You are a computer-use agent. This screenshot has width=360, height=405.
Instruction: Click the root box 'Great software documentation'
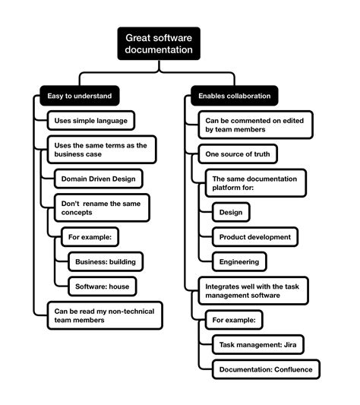click(159, 43)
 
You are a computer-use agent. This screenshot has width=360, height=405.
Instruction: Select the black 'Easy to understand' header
click(81, 97)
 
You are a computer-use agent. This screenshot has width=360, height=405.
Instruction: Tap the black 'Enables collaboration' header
click(234, 97)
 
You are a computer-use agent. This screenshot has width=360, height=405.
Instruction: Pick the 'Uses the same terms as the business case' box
click(101, 149)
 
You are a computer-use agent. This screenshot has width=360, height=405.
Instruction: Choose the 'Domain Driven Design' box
click(99, 179)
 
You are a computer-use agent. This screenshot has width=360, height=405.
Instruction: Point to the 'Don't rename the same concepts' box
click(102, 207)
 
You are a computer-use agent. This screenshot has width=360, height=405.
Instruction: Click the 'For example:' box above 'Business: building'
click(90, 237)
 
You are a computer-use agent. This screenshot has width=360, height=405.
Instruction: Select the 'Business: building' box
click(105, 261)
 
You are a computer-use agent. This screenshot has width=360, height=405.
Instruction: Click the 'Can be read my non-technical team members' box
click(104, 315)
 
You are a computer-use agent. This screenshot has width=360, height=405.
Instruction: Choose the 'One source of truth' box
click(237, 154)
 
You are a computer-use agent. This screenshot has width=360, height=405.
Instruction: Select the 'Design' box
click(230, 212)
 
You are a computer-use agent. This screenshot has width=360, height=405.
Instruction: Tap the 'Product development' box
click(254, 236)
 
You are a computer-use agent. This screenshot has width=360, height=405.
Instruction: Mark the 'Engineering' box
click(238, 261)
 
